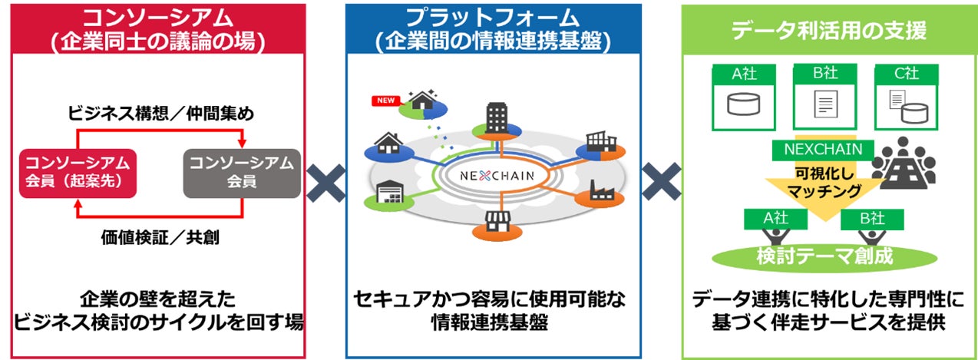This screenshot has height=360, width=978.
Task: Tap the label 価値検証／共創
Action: pos(160,237)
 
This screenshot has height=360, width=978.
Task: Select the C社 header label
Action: pos(906,74)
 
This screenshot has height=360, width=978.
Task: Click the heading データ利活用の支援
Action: pos(828,31)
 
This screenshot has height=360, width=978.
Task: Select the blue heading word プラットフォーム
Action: pos(493,18)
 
